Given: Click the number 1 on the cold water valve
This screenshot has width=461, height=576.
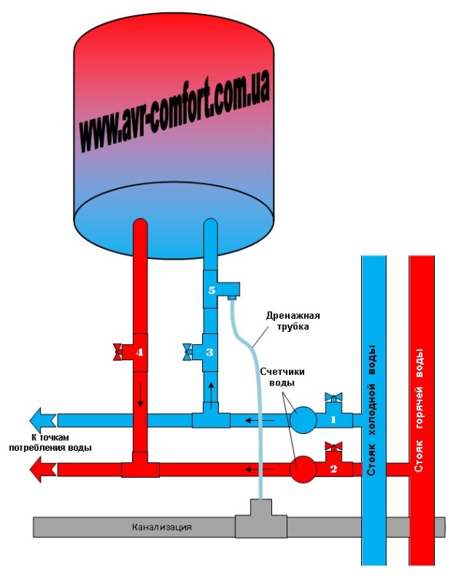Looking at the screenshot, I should [333, 420].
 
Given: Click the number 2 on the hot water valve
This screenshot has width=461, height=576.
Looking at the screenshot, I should [333, 467].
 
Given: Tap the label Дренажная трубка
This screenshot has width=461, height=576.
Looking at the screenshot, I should [292, 321].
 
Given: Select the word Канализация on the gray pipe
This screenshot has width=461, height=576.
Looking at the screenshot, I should [161, 528].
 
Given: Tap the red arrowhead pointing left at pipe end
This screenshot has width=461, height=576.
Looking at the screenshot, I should [42, 467].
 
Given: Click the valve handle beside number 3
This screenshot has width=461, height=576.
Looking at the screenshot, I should [188, 353].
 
